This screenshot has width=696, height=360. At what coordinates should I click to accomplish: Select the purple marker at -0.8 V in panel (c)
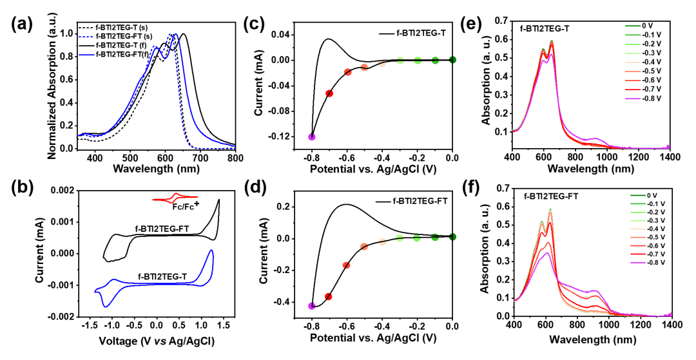tap(312, 137)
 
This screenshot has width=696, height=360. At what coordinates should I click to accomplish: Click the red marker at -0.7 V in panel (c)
tap(329, 94)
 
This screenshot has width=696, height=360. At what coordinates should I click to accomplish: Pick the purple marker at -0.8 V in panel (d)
tap(312, 306)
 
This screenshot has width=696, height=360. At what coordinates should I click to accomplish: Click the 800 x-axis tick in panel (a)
tap(235, 157)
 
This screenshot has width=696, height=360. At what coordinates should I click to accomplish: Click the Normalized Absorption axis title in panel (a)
tap(53, 87)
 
